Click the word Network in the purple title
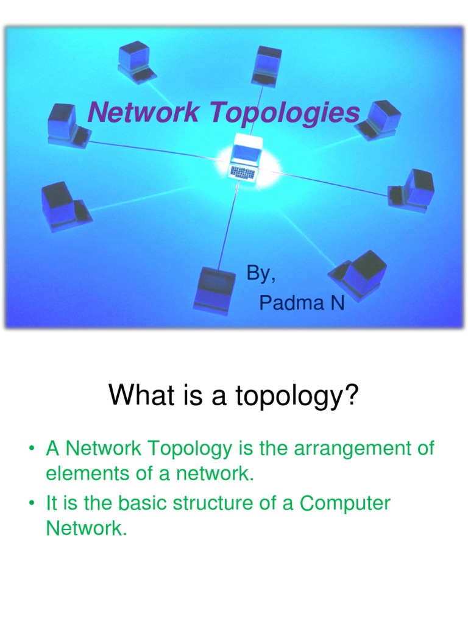tap(143, 112)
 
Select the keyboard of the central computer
tap(242, 172)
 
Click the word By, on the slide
tap(261, 274)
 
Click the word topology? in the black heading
tap(297, 396)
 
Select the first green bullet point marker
tap(32, 448)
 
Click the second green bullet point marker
tap(32, 503)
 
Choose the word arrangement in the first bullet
tap(352, 449)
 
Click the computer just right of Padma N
tap(358, 275)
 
